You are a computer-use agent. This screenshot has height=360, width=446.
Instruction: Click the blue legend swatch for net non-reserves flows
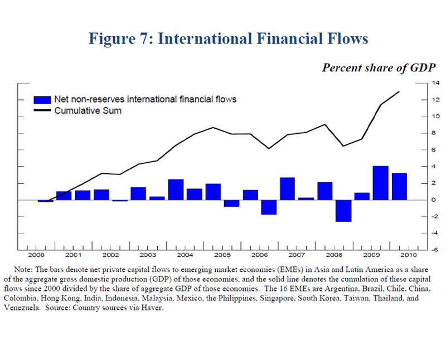(x=42, y=99)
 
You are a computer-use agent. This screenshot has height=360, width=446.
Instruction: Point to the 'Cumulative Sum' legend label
(x=88, y=110)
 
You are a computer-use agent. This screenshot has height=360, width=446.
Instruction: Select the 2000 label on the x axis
(x=37, y=256)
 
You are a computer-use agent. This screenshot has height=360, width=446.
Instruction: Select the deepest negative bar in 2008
(x=343, y=211)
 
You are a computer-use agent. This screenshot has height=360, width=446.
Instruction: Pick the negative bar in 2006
(x=269, y=207)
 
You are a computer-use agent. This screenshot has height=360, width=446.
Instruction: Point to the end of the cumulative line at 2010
(x=399, y=92)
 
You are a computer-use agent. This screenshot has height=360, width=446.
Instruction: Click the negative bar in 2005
(x=231, y=203)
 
